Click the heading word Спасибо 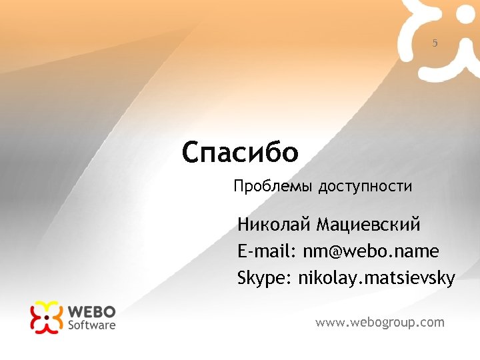coord(240,153)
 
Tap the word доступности coord(365,186)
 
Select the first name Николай coord(274,225)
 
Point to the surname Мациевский coord(368,225)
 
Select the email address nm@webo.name coord(371,251)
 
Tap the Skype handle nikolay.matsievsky coord(377,278)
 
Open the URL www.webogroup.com coord(379,323)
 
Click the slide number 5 coord(435,43)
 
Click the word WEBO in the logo coord(92,312)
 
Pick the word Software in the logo coord(92,325)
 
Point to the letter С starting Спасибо coord(191,153)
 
